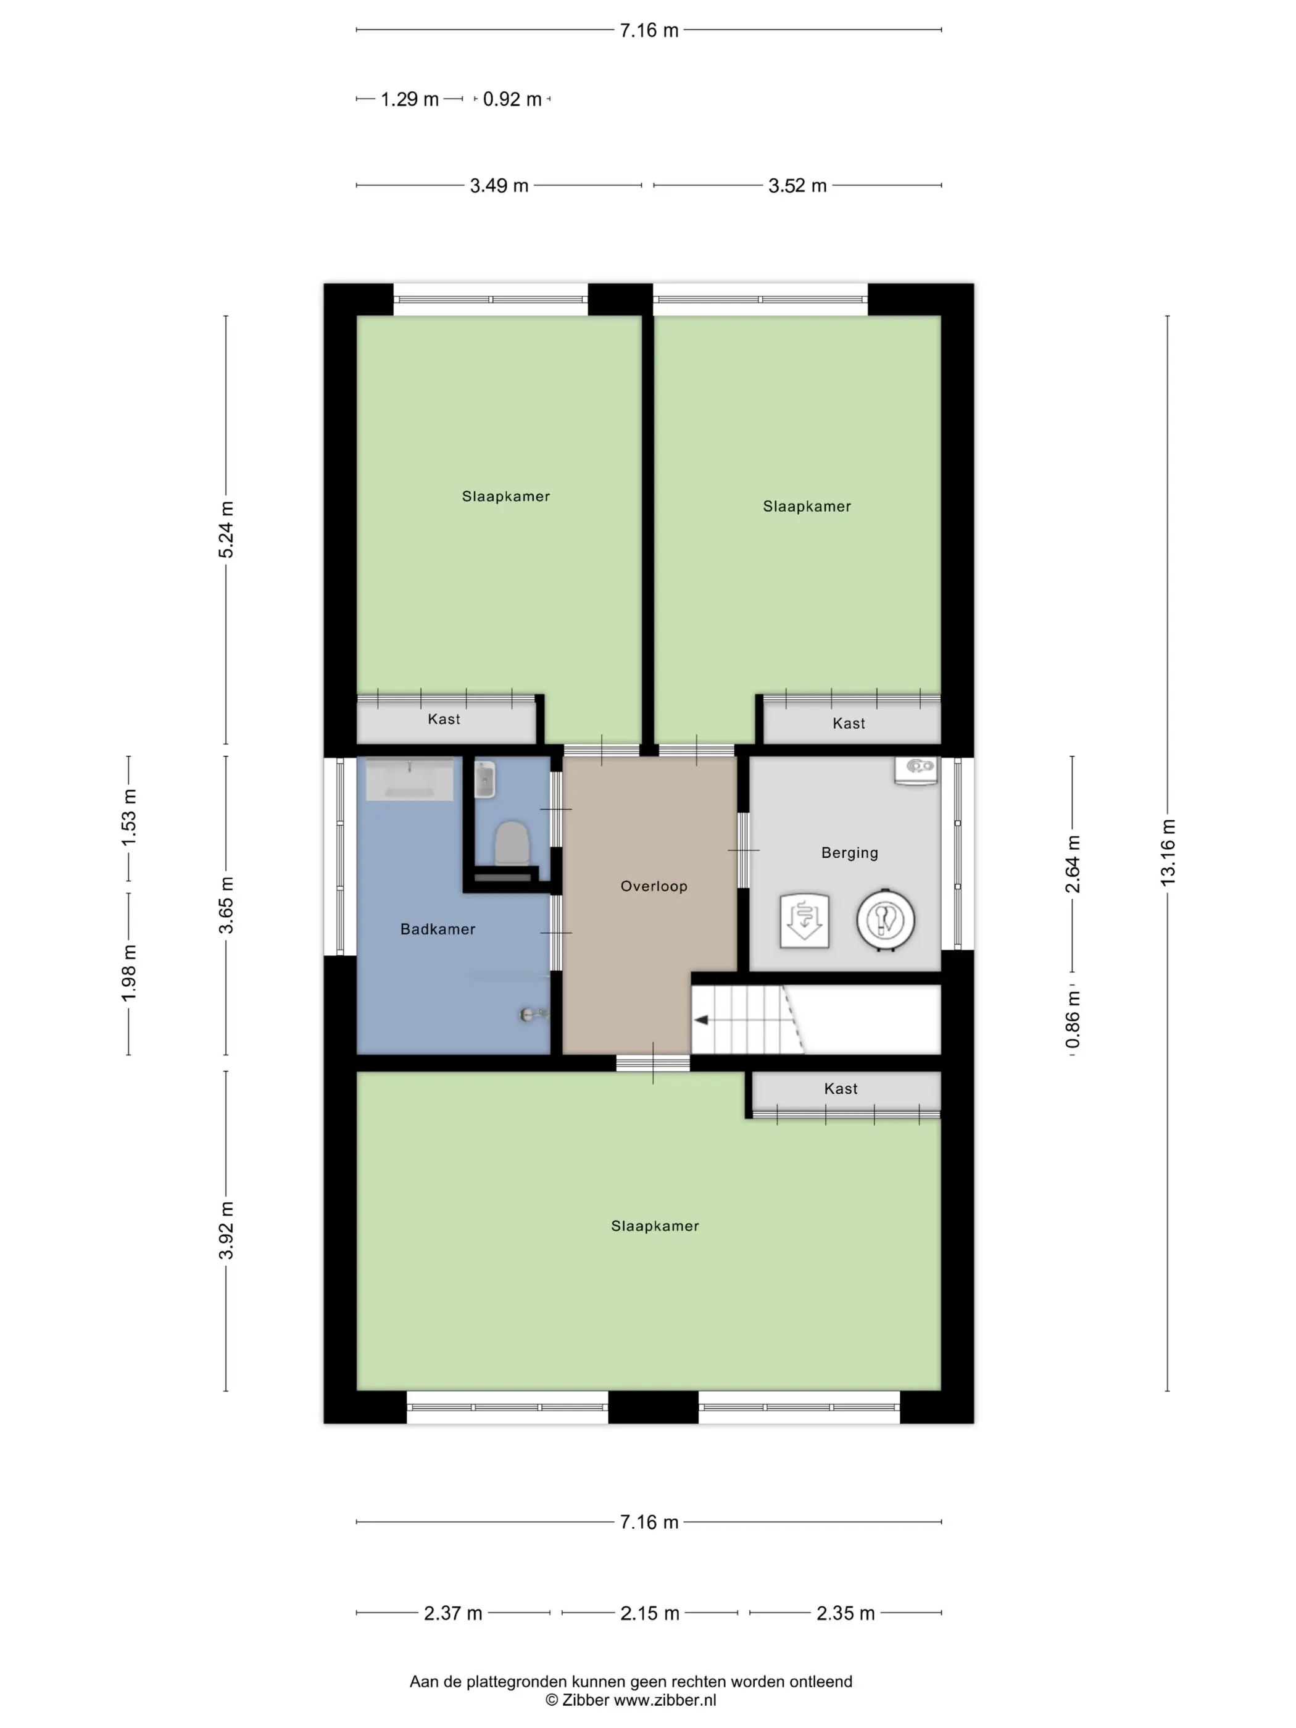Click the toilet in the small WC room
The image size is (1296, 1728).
pyautogui.click(x=512, y=843)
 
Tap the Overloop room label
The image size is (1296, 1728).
pyautogui.click(x=654, y=886)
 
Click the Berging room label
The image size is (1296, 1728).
pyautogui.click(x=849, y=852)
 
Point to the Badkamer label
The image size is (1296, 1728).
pyautogui.click(x=438, y=929)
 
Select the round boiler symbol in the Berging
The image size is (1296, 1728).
pyautogui.click(x=885, y=920)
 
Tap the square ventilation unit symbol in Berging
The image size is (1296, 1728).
pyautogui.click(x=805, y=920)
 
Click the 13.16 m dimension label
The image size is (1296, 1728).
pyautogui.click(x=1167, y=852)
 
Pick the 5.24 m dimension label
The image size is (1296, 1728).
pyautogui.click(x=226, y=530)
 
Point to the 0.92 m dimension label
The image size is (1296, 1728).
pyautogui.click(x=512, y=99)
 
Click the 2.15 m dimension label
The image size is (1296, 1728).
pyautogui.click(x=650, y=1613)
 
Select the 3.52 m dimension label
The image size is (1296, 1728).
pyautogui.click(x=797, y=185)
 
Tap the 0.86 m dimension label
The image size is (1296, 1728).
pyautogui.click(x=1073, y=1020)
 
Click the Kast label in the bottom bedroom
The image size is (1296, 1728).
pyautogui.click(x=841, y=1088)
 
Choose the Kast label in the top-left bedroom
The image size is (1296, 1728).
pyautogui.click(x=444, y=719)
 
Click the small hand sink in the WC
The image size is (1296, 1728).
pyautogui.click(x=485, y=779)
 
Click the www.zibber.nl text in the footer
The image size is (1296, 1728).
pyautogui.click(x=665, y=1700)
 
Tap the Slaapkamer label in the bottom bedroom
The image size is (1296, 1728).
pyautogui.click(x=655, y=1226)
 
